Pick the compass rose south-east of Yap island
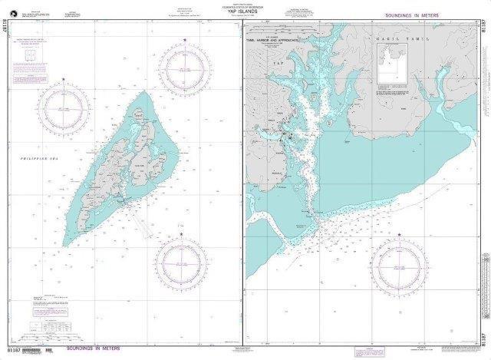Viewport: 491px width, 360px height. (x=182, y=261)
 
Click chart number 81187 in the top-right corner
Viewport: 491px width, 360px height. (x=483, y=36)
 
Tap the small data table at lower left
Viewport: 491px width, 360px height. (x=51, y=325)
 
